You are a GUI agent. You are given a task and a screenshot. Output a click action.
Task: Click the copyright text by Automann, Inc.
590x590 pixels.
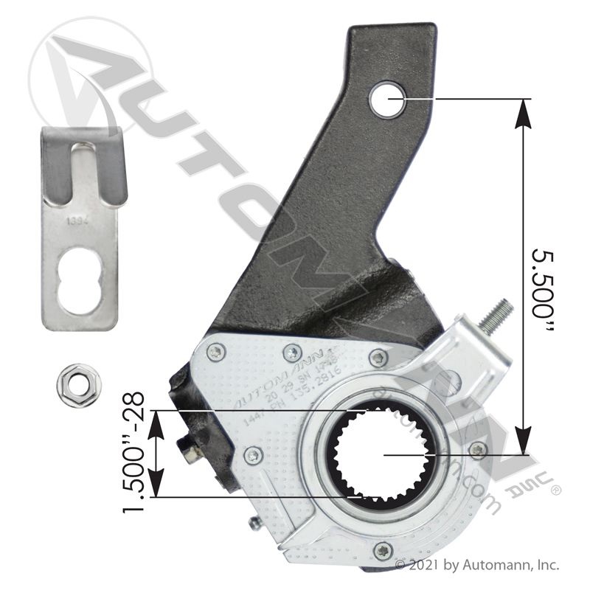(478, 566)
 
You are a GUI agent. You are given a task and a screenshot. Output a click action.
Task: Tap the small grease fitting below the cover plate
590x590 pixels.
(254, 524)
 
